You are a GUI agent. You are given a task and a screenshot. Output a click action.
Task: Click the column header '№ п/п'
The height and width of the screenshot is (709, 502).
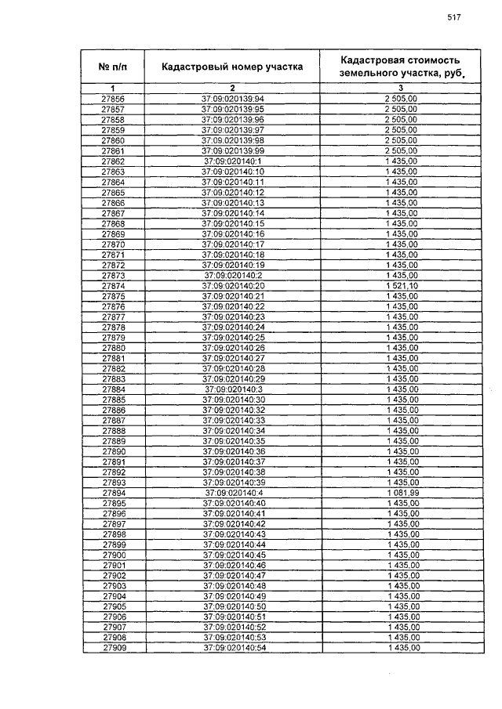pos(113,67)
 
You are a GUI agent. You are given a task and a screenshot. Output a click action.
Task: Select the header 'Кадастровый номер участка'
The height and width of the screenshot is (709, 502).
pos(232,67)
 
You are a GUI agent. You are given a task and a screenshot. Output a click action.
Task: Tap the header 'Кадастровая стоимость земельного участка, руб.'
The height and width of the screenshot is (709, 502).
pos(400,67)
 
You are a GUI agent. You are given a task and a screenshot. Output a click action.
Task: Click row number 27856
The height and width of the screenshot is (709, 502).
pos(113,99)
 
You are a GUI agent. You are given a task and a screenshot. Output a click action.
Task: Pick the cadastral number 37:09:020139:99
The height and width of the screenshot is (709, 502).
pos(233,150)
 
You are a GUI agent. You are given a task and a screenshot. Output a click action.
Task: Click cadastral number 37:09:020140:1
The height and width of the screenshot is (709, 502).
pos(233,161)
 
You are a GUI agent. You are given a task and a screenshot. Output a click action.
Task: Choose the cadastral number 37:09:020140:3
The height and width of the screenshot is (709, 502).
pos(233,389)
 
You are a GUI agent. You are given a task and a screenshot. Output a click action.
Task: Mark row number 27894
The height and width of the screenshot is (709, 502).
pos(113,493)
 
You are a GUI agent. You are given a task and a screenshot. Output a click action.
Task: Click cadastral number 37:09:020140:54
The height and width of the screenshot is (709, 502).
pos(235,648)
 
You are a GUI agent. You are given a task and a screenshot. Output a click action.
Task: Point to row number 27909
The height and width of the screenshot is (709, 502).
pos(113,648)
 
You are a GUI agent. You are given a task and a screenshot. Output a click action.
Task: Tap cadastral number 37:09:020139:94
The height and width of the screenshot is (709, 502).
pos(233,99)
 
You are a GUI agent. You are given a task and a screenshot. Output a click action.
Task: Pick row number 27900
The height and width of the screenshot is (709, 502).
pos(113,555)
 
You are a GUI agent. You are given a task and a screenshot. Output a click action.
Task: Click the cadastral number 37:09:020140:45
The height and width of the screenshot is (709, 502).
pos(235,555)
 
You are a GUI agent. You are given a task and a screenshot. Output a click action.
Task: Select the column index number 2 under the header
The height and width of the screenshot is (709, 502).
pos(232,88)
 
